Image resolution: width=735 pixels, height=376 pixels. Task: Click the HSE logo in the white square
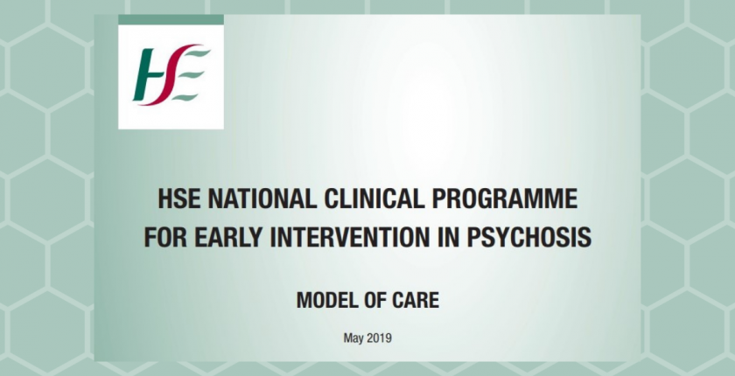pos(171,75)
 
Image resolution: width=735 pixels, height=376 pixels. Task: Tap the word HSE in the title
pos(179,199)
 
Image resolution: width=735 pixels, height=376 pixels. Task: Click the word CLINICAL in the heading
pos(374,199)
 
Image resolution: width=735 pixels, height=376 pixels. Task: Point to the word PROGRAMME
pos(504,199)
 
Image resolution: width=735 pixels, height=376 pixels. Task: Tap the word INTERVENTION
pos(350,237)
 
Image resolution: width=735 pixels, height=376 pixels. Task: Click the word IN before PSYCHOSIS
pos(448,237)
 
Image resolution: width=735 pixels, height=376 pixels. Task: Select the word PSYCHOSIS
pos(528,237)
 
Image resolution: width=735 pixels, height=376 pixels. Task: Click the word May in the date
pos(353,338)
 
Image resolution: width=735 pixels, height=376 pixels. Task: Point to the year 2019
pos(379,338)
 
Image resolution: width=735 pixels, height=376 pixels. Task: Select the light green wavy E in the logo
pos(192,75)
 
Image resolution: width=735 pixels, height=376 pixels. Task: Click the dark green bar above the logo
pos(171,19)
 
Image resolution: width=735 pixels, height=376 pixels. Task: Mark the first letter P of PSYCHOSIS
pos(473,237)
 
